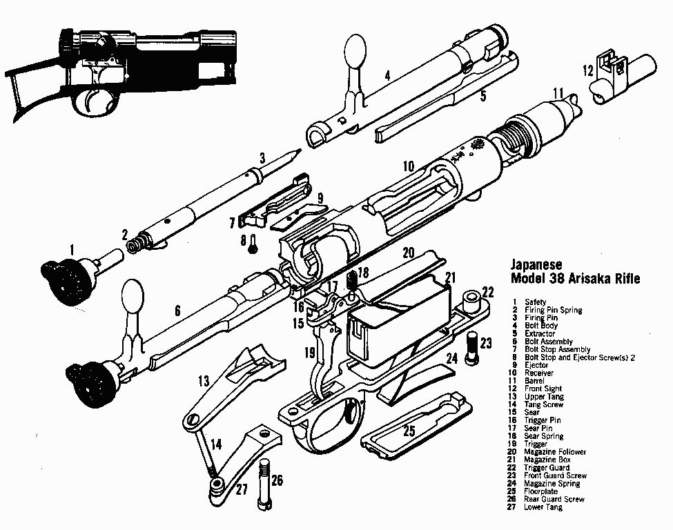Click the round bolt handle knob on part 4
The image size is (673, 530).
click(355, 51)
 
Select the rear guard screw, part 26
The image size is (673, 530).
click(264, 484)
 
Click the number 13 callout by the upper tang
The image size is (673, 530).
click(204, 380)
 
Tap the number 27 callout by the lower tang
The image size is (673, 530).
click(242, 491)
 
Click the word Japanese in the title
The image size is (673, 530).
click(536, 264)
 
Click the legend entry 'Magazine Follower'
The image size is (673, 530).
click(555, 452)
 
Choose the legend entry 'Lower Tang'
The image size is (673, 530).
click(543, 507)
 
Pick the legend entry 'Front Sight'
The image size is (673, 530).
click(543, 389)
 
